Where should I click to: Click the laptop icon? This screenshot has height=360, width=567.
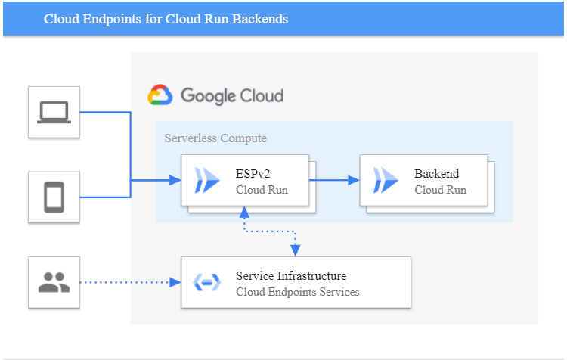(x=54, y=113)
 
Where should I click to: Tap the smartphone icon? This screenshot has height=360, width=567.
(x=54, y=197)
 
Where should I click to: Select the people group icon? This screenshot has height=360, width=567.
(x=54, y=282)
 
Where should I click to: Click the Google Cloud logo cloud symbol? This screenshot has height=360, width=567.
(x=160, y=95)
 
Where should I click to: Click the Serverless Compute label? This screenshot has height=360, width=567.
(x=215, y=138)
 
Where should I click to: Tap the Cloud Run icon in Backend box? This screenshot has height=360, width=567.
(x=386, y=181)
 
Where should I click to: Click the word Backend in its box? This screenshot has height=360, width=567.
(x=436, y=174)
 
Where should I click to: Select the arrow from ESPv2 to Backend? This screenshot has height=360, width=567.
(x=333, y=181)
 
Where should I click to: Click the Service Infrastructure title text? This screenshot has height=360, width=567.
(x=291, y=276)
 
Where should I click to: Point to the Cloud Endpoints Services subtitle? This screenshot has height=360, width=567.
(x=297, y=292)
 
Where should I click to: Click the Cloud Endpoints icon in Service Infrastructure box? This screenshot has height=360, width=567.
(x=207, y=282)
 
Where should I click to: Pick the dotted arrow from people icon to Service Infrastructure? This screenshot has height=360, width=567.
(x=129, y=282)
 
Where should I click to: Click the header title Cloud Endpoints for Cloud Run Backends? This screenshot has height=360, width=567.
(x=166, y=19)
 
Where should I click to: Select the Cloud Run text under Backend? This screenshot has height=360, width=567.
(x=440, y=190)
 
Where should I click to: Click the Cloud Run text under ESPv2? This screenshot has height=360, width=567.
(x=262, y=190)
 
